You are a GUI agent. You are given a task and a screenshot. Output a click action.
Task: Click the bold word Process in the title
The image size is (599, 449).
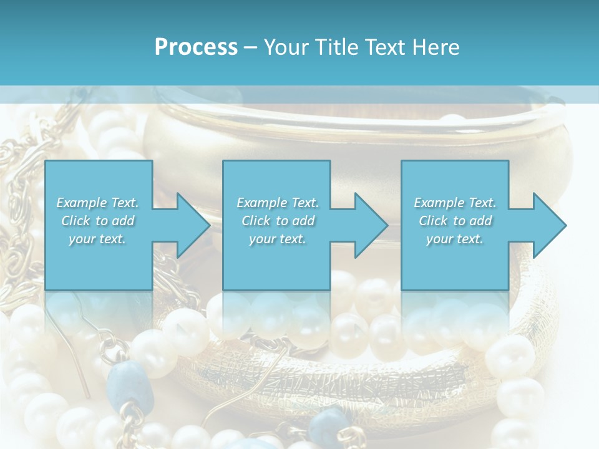point(196,47)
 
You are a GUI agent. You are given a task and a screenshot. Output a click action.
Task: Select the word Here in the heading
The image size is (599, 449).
point(435,47)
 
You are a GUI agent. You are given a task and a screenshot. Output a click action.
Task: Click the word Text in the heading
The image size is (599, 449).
point(385,47)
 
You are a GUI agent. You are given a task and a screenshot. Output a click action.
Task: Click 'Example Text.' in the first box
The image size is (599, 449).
point(97,203)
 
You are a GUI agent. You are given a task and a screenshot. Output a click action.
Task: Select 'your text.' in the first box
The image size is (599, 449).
point(97,239)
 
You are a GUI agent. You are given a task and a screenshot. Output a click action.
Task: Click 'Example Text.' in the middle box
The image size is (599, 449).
point(278,203)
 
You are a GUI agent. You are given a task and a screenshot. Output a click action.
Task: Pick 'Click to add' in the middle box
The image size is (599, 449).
point(278,221)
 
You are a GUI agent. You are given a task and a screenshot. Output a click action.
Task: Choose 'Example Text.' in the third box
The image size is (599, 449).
point(455,203)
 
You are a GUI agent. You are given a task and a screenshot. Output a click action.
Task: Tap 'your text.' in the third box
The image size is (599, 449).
point(455,239)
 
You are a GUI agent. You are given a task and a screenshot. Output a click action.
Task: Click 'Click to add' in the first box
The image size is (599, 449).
point(97,221)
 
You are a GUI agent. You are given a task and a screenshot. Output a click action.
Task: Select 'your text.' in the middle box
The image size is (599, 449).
point(278,239)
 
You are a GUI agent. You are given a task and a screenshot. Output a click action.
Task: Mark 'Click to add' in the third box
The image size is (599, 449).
point(455,221)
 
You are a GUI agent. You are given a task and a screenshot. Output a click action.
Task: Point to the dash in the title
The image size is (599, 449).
point(251,47)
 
